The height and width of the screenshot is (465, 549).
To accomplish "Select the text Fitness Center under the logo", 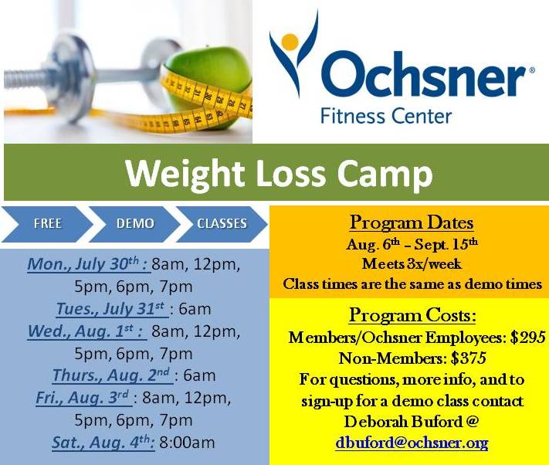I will (385, 117).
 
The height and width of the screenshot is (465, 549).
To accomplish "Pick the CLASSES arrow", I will (222, 224).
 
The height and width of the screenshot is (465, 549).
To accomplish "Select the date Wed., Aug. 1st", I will (86, 331).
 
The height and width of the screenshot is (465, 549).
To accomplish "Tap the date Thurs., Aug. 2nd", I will (111, 376).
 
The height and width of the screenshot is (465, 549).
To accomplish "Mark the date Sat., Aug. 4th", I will (103, 443).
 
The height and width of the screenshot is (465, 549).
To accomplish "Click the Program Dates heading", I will (412, 223).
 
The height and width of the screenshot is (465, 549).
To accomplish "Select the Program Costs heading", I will (412, 315).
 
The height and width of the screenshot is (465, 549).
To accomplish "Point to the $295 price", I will (527, 338).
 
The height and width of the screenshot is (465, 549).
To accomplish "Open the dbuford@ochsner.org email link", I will (412, 443).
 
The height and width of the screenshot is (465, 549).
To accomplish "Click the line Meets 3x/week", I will (412, 263).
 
